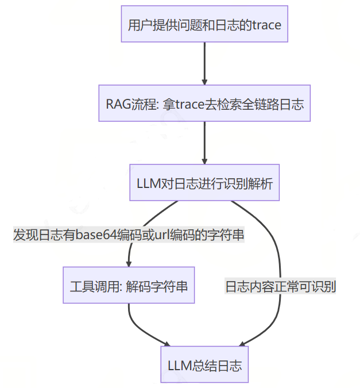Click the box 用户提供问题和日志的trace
tap(204, 24)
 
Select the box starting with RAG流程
tap(204, 104)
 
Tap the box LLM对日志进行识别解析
tap(204, 183)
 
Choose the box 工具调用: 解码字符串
tap(129, 286)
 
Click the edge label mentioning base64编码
tap(129, 235)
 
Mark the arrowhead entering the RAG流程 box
tap(204, 81)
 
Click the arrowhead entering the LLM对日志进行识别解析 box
tap(204, 160)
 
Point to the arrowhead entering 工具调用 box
tap(130, 263)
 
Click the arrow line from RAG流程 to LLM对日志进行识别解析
tap(204, 141)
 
